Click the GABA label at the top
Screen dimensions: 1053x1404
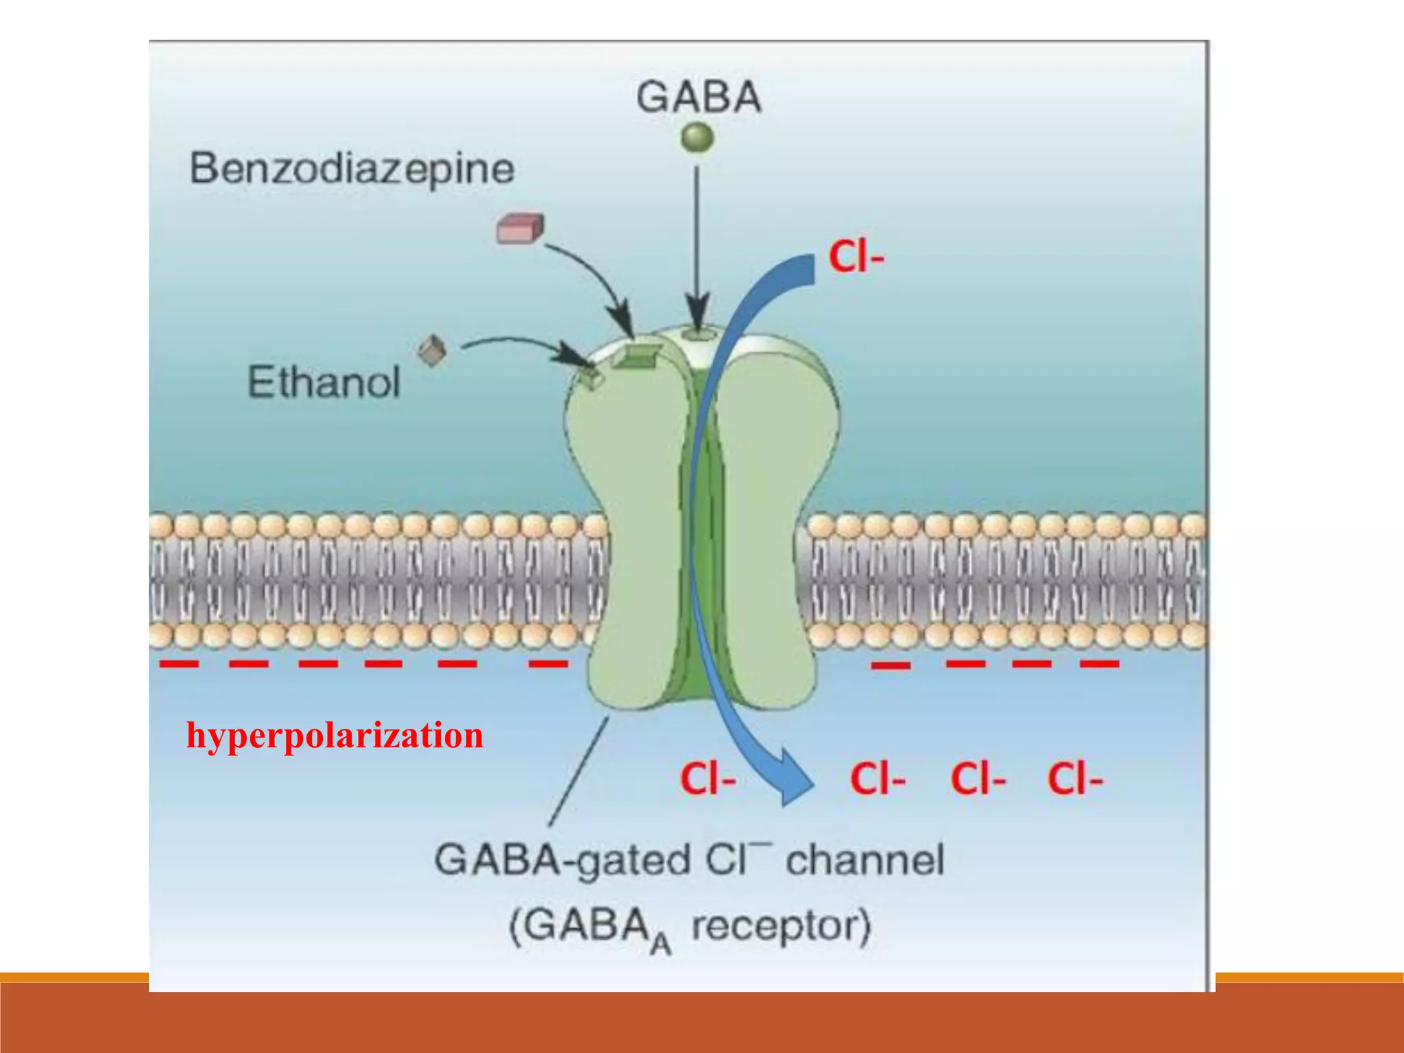(x=698, y=97)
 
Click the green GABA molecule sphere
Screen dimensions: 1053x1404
(x=697, y=137)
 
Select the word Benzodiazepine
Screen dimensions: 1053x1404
(x=352, y=169)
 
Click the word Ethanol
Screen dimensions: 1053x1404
(x=323, y=382)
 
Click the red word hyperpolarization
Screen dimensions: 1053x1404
(x=335, y=736)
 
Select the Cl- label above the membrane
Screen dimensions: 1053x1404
(x=856, y=257)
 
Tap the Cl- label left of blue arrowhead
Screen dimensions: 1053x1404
(x=707, y=779)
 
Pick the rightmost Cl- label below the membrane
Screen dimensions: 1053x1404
(x=1074, y=779)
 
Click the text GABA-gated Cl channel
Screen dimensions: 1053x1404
(x=689, y=860)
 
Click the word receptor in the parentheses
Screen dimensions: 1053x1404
(x=780, y=926)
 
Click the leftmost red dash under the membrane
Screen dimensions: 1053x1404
(x=179, y=664)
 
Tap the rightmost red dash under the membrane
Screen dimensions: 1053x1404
(x=1099, y=664)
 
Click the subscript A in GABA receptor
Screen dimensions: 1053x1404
(x=660, y=945)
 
